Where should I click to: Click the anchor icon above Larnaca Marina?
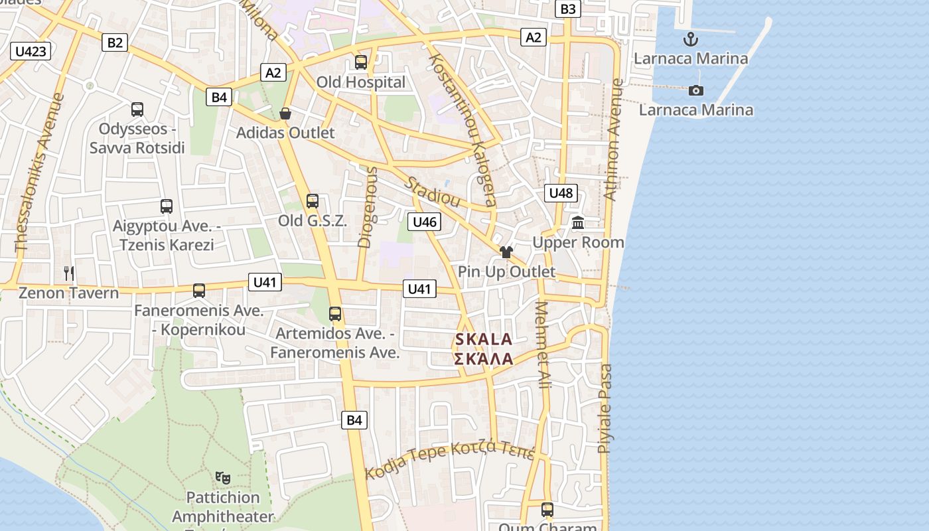[691, 39]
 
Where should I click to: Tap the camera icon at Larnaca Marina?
[695, 90]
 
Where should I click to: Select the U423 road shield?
[31, 51]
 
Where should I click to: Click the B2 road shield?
[115, 43]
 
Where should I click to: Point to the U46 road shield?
[424, 222]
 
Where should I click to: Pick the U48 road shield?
[561, 193]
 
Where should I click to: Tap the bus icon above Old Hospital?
[361, 62]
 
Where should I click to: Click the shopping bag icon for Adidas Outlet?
[285, 114]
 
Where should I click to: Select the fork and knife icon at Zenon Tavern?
[68, 273]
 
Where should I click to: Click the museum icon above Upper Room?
[578, 223]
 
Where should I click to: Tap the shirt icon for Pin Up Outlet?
[506, 252]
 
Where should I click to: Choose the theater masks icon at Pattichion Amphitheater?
[223, 477]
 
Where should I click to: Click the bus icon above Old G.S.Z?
[312, 200]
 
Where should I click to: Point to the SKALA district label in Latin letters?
[484, 340]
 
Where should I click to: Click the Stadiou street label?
[433, 192]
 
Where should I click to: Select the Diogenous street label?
[368, 207]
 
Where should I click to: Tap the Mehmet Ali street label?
[543, 345]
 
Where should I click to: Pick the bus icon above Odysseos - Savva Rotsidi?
[137, 109]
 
